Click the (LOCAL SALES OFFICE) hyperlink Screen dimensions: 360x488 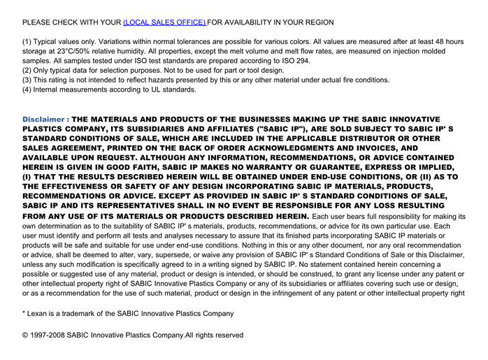click(164, 22)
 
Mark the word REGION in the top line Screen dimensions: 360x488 click(317, 22)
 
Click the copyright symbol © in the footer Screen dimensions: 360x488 click(26, 336)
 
